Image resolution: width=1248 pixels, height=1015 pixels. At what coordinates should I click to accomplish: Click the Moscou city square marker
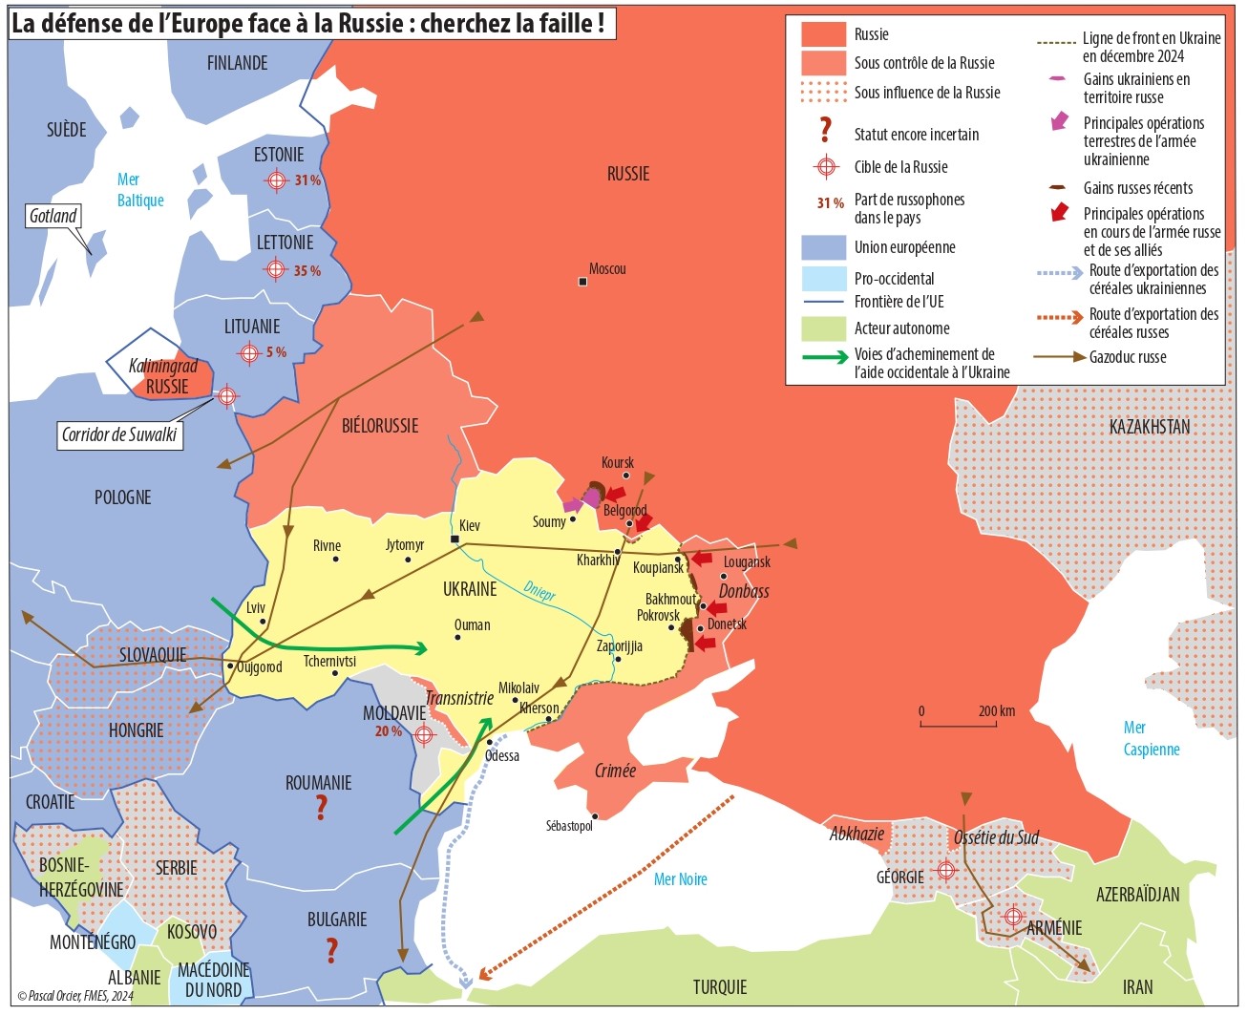(582, 282)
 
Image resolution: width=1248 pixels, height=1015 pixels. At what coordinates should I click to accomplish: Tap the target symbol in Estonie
(276, 180)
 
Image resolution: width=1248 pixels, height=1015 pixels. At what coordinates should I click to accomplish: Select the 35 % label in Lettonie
(307, 271)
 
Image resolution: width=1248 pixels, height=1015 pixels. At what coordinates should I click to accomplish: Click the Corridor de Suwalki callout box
(119, 435)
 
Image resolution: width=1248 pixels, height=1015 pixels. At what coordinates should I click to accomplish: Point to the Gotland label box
(53, 216)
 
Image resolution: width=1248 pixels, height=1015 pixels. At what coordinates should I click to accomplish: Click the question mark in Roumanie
(321, 808)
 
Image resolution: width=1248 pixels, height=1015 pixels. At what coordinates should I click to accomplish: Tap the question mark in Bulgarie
(331, 950)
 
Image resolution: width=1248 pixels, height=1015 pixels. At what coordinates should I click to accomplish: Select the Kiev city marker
(455, 539)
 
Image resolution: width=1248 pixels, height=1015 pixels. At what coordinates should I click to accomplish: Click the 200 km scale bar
(959, 723)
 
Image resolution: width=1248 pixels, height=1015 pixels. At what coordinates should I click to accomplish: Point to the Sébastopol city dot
(595, 816)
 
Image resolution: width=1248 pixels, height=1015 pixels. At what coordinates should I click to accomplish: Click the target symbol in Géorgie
(945, 870)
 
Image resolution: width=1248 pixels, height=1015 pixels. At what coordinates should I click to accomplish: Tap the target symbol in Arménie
(1013, 917)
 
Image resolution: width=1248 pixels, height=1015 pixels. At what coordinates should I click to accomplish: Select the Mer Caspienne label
(1151, 738)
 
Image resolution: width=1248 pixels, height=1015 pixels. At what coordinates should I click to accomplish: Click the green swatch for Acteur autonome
(823, 328)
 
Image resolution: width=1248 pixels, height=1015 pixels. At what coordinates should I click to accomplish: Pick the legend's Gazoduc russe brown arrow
(1060, 357)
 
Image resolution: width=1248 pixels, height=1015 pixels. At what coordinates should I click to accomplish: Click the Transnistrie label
(459, 698)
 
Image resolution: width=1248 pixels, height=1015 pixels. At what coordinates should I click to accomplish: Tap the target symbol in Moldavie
(424, 734)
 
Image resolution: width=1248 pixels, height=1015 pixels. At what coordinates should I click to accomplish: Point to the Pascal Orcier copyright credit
(75, 996)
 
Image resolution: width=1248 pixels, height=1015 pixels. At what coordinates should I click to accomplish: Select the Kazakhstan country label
(1149, 427)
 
